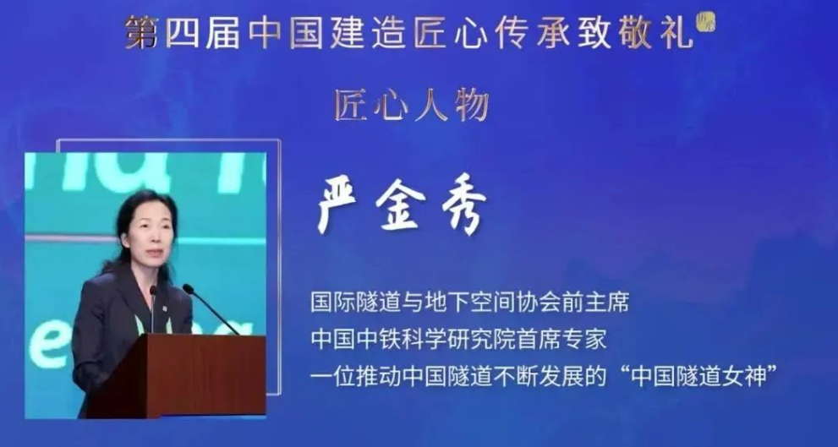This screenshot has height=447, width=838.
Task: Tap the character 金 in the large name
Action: coord(401,205)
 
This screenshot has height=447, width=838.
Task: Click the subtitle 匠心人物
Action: coord(412,106)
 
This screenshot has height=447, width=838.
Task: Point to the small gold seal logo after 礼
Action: coord(705,24)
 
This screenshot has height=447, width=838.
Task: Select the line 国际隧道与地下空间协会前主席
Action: coord(470,303)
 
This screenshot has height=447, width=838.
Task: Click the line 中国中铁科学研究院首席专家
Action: coord(458,341)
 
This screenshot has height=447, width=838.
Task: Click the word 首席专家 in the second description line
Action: coord(561,341)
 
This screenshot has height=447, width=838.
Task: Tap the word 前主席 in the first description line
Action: coord(595,303)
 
